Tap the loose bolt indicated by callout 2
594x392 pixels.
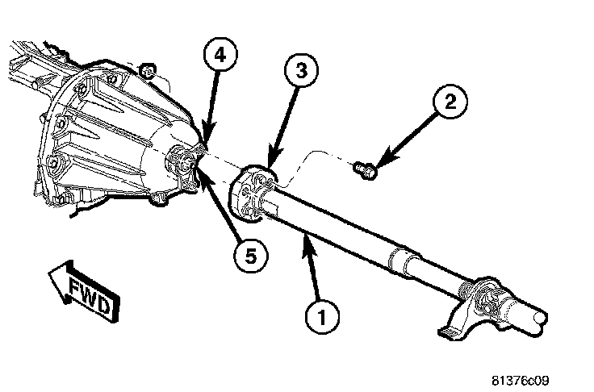click(365, 169)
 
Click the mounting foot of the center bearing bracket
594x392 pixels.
click(449, 331)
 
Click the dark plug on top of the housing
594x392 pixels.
click(148, 70)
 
